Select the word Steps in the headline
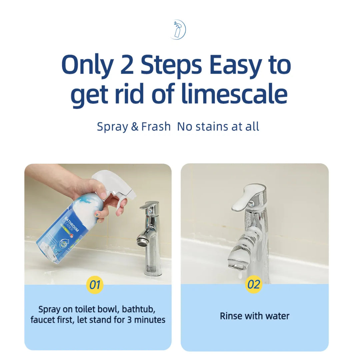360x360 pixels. pyautogui.click(x=171, y=65)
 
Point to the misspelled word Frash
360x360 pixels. pyautogui.click(x=156, y=127)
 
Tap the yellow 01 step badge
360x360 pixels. pyautogui.click(x=95, y=285)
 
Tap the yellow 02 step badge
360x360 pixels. pyautogui.click(x=254, y=284)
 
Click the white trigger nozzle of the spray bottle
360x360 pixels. pyautogui.click(x=113, y=187)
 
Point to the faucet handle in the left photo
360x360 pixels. pyautogui.click(x=149, y=205)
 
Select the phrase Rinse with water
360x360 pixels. pyautogui.click(x=254, y=316)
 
